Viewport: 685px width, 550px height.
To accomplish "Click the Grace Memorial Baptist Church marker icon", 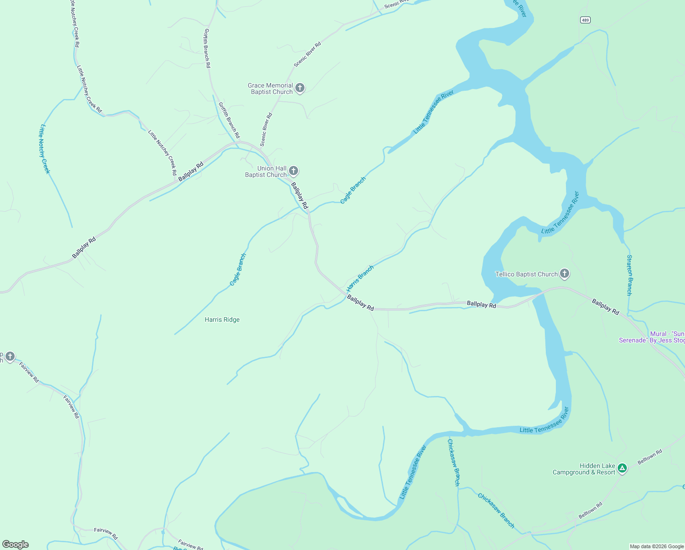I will pyautogui.click(x=300, y=88).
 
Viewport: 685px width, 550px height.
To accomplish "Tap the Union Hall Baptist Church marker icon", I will pyautogui.click(x=294, y=170).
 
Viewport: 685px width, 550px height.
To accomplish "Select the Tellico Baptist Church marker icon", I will pyautogui.click(x=565, y=274).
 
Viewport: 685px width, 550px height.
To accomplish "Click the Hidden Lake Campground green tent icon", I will pyautogui.click(x=622, y=468).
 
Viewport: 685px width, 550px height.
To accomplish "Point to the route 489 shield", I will pyautogui.click(x=585, y=20).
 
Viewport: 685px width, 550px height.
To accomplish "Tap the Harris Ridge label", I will pyautogui.click(x=222, y=319).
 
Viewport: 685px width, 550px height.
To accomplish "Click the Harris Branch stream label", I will pyautogui.click(x=360, y=279).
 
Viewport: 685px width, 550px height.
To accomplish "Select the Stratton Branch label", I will pyautogui.click(x=630, y=275).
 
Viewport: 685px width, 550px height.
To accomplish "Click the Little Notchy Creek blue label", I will pyautogui.click(x=44, y=149).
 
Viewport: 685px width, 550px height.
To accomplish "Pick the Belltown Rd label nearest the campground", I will pyautogui.click(x=650, y=457).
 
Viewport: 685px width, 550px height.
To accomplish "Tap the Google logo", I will pyautogui.click(x=16, y=544).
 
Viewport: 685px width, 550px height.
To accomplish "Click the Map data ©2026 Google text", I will pyautogui.click(x=657, y=546).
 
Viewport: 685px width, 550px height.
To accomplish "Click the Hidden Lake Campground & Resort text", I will pyautogui.click(x=584, y=469).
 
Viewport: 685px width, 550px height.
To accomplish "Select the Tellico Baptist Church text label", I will pyautogui.click(x=527, y=274).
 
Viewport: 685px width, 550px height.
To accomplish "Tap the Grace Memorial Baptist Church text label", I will pyautogui.click(x=270, y=88).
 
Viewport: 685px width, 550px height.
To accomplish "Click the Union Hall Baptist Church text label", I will pyautogui.click(x=266, y=171).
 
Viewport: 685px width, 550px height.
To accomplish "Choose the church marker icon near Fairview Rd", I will pyautogui.click(x=10, y=357).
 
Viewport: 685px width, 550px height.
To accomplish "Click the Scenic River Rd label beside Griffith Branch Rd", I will pyautogui.click(x=266, y=130).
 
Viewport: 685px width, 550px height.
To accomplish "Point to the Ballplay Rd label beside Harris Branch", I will pyautogui.click(x=360, y=303).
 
